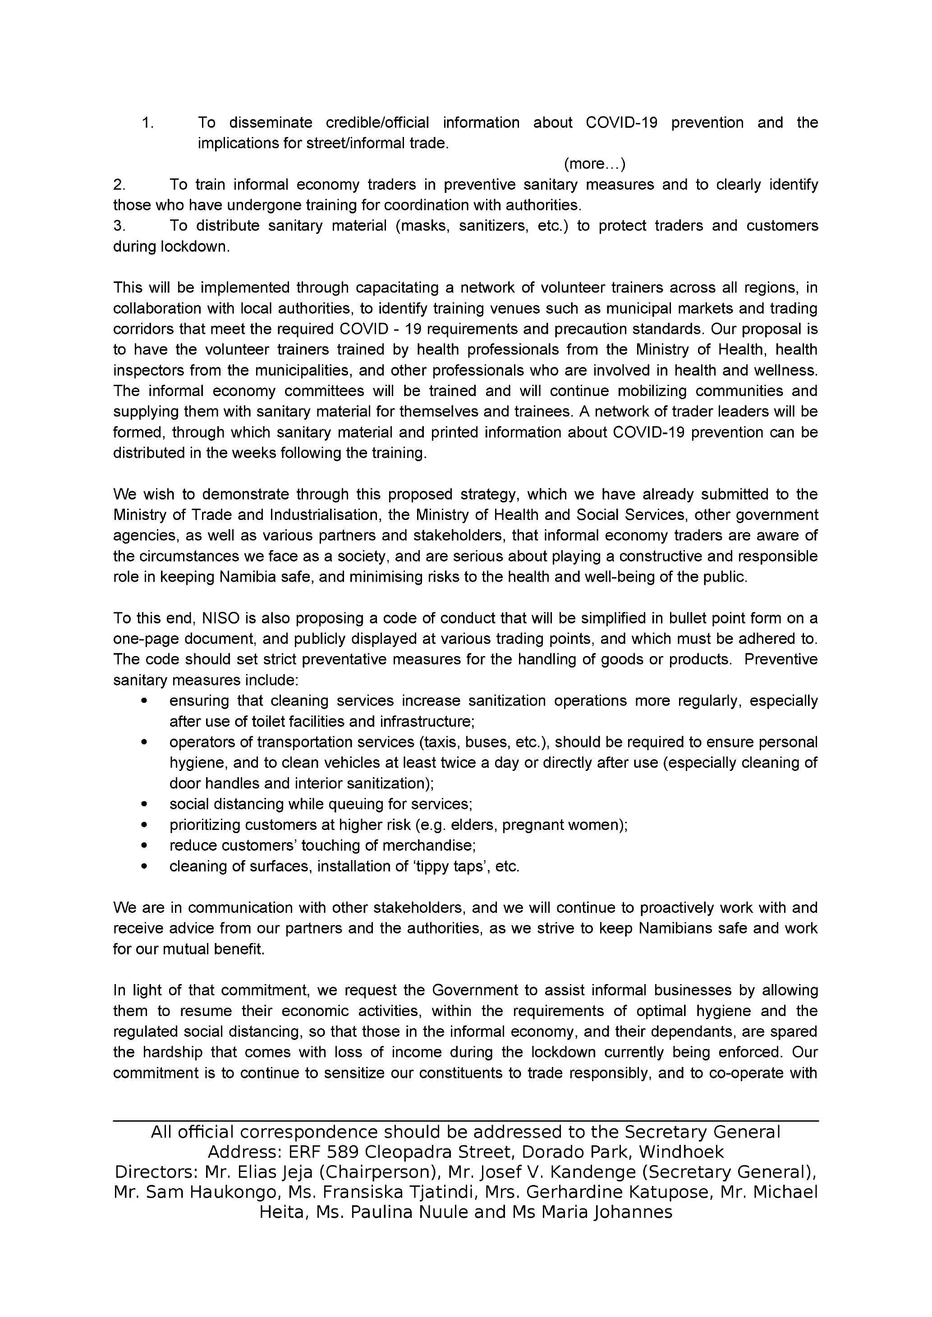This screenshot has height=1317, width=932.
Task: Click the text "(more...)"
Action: pyautogui.click(x=595, y=164)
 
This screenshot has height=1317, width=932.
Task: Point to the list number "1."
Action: pyautogui.click(x=147, y=123)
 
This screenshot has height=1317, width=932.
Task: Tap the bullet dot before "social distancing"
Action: pyautogui.click(x=143, y=804)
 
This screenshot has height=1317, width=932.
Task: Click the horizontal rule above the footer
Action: pyautogui.click(x=465, y=1121)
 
